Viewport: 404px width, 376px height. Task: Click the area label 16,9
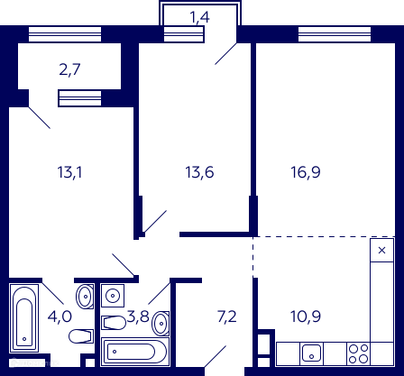point(306,172)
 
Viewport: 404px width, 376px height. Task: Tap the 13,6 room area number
point(199,172)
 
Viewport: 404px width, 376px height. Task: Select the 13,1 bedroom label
point(69,172)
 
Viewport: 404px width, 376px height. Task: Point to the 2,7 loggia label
point(69,69)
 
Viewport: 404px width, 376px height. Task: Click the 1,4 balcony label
point(199,17)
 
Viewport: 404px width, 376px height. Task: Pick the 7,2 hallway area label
point(227,316)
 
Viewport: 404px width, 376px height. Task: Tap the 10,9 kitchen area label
point(306,316)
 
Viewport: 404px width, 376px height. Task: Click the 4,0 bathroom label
point(60,316)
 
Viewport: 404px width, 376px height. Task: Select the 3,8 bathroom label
point(138,316)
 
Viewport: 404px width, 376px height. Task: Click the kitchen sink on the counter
point(311,353)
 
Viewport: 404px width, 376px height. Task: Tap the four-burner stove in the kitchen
point(359,353)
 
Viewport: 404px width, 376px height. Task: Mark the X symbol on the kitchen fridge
point(381,250)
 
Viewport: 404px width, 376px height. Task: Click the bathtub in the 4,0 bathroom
point(24,318)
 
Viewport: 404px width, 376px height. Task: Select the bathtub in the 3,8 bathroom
point(135,352)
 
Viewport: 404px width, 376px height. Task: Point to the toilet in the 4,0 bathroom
point(81,336)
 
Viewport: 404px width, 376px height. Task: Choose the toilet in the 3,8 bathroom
point(114,323)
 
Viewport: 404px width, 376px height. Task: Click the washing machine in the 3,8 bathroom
point(113,296)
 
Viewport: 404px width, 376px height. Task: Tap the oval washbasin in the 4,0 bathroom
point(85,297)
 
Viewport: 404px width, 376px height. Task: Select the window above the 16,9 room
point(335,34)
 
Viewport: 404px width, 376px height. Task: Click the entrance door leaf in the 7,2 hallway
point(216,356)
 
